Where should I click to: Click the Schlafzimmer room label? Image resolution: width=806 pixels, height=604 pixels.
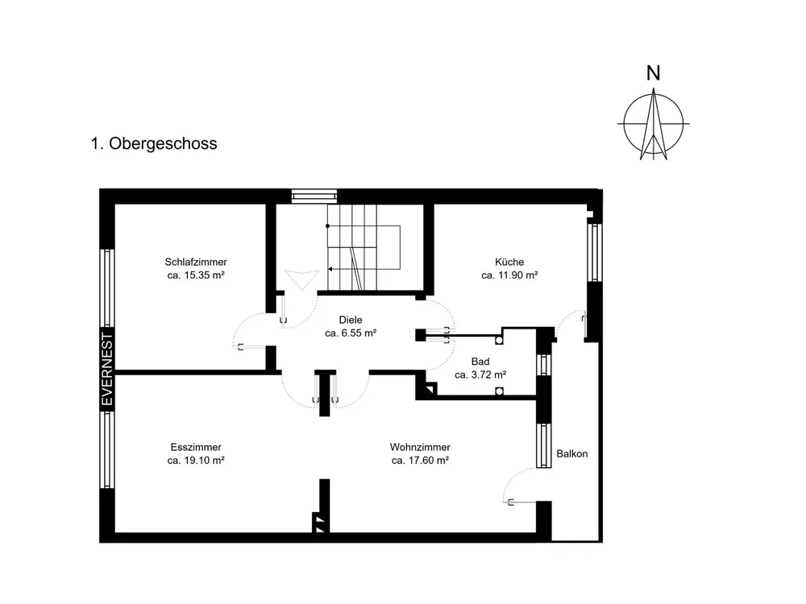(196, 262)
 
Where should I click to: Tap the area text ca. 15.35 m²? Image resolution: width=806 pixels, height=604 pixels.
(196, 275)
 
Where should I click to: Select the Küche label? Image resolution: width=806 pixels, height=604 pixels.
(509, 262)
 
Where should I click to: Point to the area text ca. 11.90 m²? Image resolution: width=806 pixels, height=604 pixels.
(509, 275)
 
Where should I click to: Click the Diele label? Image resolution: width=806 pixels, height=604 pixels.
(351, 320)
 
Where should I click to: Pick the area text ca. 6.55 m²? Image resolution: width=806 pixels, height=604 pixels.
(351, 333)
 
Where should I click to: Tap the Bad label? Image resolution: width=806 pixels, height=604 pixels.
(480, 362)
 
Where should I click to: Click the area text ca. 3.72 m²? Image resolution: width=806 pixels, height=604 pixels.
(480, 375)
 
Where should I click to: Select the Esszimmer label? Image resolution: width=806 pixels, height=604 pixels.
(196, 447)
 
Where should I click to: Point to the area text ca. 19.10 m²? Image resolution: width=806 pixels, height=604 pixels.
(196, 461)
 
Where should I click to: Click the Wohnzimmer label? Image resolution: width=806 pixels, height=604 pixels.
(420, 447)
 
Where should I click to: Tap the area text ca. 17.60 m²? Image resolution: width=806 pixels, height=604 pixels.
(420, 461)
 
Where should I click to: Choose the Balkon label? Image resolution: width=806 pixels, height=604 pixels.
(572, 454)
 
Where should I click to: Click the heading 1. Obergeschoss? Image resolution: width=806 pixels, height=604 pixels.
(154, 143)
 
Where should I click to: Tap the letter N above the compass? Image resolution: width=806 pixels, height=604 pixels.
(654, 73)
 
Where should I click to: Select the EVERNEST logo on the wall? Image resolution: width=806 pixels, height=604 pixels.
(107, 370)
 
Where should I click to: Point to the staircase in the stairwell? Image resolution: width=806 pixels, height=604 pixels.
(364, 247)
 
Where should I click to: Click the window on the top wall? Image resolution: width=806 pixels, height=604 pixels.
(314, 197)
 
